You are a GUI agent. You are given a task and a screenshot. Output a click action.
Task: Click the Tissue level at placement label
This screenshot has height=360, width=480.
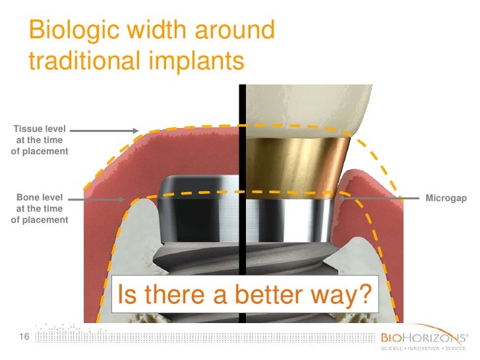(40, 140)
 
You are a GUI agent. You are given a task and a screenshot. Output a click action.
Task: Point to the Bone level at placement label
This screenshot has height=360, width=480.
(40, 208)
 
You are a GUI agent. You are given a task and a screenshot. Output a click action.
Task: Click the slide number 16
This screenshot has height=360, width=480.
(25, 338)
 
